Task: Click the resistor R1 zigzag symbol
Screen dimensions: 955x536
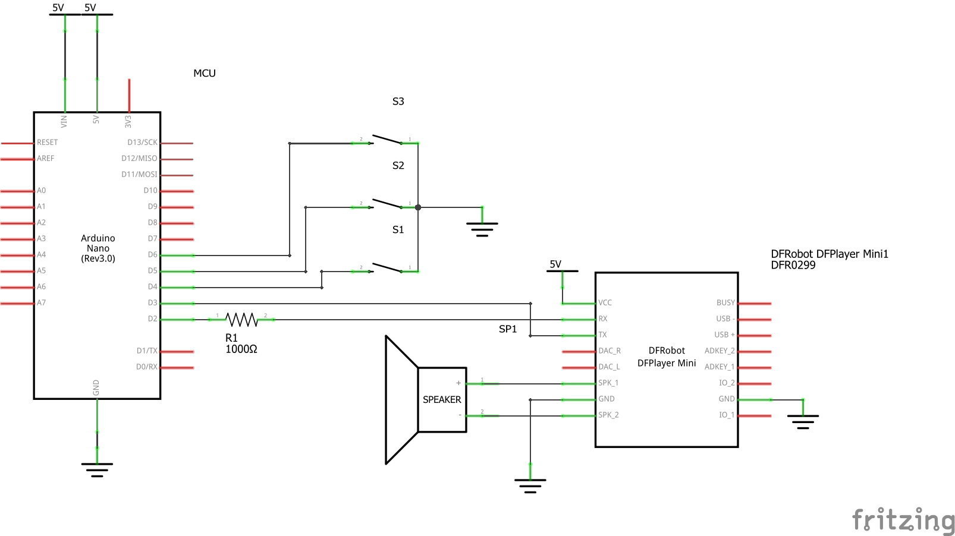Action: point(241,320)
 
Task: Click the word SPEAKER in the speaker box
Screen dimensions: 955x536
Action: point(442,400)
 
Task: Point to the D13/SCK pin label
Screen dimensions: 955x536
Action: point(142,142)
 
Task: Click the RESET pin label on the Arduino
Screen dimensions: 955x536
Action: point(47,142)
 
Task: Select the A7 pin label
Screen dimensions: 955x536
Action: point(41,302)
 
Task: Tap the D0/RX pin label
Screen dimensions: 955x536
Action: point(147,367)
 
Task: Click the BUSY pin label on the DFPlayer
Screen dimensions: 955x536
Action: point(725,302)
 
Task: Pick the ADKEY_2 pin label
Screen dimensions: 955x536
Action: point(720,351)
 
